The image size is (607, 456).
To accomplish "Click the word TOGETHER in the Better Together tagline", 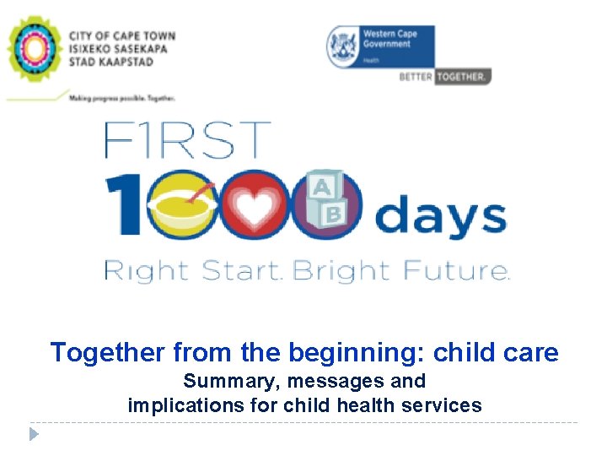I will tap(462, 76).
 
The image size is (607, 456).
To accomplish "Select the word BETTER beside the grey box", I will tap(416, 76).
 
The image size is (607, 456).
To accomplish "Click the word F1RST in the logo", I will tap(187, 141).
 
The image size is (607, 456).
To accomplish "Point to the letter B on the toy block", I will tap(334, 215).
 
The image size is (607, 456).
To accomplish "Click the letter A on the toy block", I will tap(321, 188).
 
